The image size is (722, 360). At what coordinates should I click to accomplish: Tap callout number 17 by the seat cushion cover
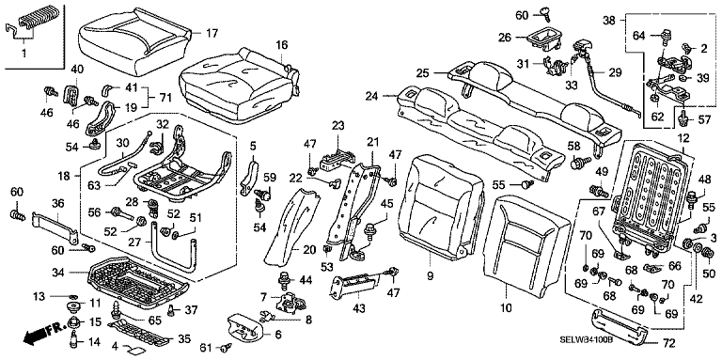(212, 33)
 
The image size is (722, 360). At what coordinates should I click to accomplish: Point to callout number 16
(282, 45)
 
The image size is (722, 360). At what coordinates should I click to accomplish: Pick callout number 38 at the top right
(609, 21)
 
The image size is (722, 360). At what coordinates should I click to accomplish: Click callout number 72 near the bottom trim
(668, 343)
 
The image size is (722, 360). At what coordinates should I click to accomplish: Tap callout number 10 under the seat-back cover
(507, 308)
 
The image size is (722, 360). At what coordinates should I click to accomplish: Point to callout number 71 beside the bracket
(165, 98)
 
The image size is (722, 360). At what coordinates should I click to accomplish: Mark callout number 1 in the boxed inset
(24, 55)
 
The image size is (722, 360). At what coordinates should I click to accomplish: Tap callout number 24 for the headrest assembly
(372, 96)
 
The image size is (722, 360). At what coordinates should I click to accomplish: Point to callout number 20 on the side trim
(307, 250)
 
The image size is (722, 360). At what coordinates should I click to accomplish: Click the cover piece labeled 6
(244, 326)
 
